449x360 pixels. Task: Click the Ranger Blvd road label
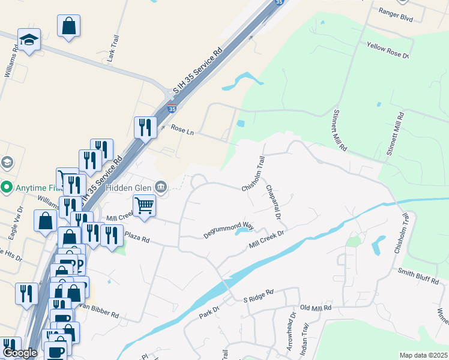[397, 15]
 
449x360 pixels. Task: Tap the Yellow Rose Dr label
[388, 50]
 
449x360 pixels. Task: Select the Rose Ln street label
[182, 128]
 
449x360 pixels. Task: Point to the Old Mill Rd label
[316, 308]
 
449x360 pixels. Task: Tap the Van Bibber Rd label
[98, 310]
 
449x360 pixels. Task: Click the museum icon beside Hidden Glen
[160, 187]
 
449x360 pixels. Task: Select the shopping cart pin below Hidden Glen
[144, 205]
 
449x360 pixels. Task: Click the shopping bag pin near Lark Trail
[69, 26]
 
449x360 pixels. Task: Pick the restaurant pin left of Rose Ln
[145, 127]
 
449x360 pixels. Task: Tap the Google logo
[20, 353]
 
